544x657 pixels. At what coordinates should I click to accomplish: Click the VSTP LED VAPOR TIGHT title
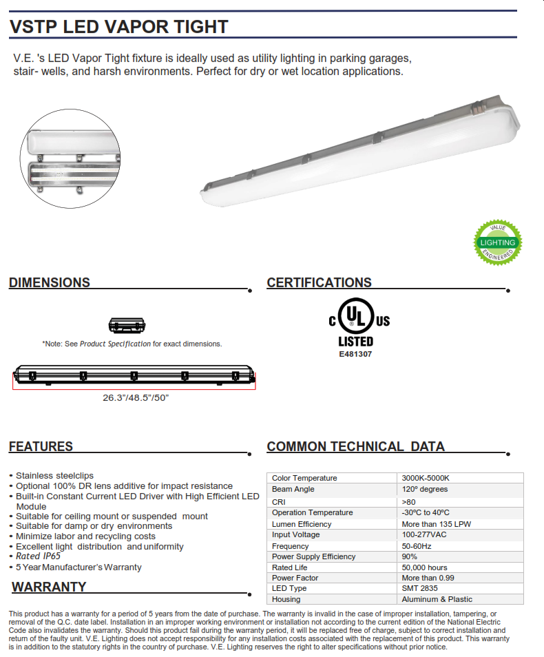[118, 27]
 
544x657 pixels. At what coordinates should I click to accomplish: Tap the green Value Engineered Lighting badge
[498, 242]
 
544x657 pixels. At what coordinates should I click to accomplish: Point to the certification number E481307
[356, 354]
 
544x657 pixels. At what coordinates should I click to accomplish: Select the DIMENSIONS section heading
[50, 282]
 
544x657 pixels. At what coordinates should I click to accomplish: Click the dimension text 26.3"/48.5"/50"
[136, 397]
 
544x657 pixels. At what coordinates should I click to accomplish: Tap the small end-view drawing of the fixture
[127, 324]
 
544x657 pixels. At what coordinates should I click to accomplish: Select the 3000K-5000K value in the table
[426, 478]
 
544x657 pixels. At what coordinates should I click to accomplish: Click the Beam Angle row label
[293, 489]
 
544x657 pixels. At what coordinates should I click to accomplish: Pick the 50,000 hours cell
[424, 567]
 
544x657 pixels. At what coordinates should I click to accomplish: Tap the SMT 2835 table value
[420, 588]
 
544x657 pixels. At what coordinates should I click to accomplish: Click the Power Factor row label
[295, 578]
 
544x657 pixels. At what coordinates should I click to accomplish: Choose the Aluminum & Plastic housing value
[437, 599]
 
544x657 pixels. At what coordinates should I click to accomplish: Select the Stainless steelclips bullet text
[54, 476]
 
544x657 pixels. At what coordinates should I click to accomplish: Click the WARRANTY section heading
[49, 587]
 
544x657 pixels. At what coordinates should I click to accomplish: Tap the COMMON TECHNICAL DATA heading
[355, 446]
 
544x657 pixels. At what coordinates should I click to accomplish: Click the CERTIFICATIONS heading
[319, 282]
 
